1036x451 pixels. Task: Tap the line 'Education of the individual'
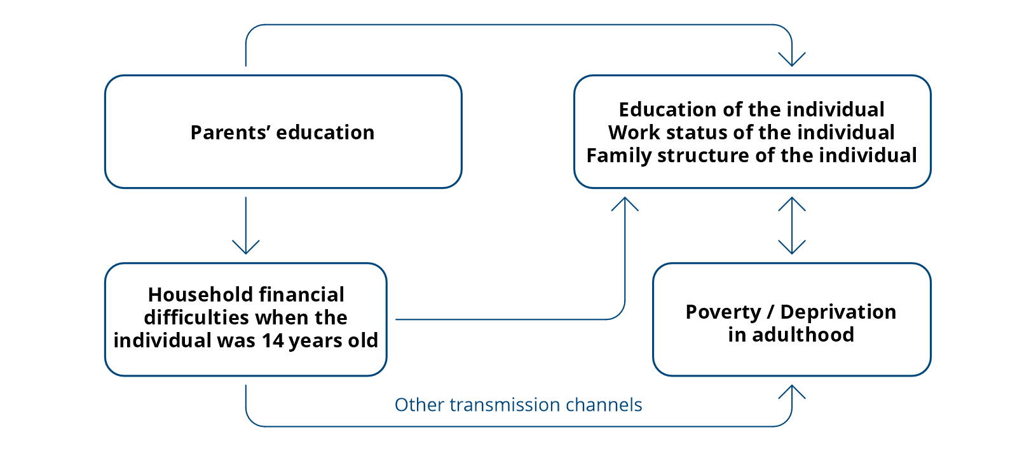click(x=751, y=110)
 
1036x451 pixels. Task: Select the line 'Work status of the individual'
click(x=751, y=132)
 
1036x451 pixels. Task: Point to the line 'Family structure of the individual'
click(x=751, y=156)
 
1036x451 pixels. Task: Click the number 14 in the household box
click(x=273, y=341)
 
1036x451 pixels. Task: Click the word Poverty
click(x=723, y=312)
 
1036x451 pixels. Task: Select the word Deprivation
click(x=838, y=312)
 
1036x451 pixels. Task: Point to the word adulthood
click(x=803, y=335)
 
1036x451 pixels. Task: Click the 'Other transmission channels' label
click(x=518, y=405)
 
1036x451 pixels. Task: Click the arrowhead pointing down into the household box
click(x=245, y=247)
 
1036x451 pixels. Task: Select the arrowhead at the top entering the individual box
click(x=792, y=60)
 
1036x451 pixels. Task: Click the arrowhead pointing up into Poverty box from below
click(x=792, y=392)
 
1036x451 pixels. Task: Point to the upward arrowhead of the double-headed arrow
click(x=792, y=204)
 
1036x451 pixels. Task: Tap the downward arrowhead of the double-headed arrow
click(x=792, y=247)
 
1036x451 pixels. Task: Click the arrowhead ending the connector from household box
click(x=625, y=204)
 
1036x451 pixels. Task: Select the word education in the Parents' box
click(x=325, y=132)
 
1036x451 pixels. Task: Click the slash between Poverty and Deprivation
click(x=770, y=312)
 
